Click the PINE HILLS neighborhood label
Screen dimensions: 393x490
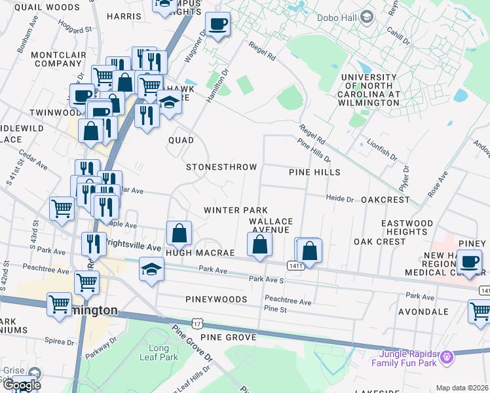tap(314, 172)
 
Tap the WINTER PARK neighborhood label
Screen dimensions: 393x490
tap(235, 210)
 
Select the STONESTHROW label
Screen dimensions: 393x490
tap(221, 167)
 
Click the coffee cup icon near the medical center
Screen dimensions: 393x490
tap(468, 263)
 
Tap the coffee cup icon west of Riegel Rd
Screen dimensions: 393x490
tap(217, 25)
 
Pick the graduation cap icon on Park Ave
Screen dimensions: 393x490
tap(151, 269)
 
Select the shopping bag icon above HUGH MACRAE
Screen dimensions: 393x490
tap(179, 233)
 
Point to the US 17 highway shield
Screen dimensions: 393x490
tap(198, 324)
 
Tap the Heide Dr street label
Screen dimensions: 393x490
tap(340, 198)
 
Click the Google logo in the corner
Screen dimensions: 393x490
tap(21, 385)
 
